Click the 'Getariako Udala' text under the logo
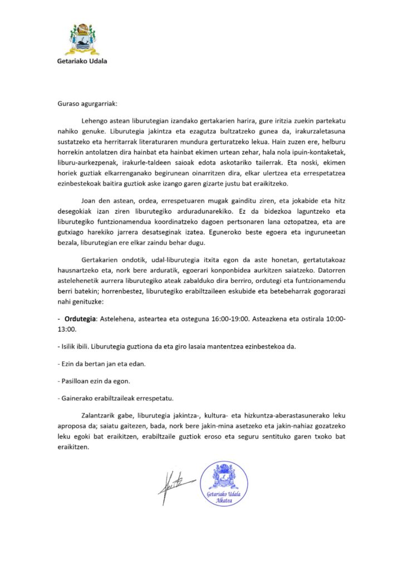tap(82, 61)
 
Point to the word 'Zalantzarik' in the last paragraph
tap(102, 419)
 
